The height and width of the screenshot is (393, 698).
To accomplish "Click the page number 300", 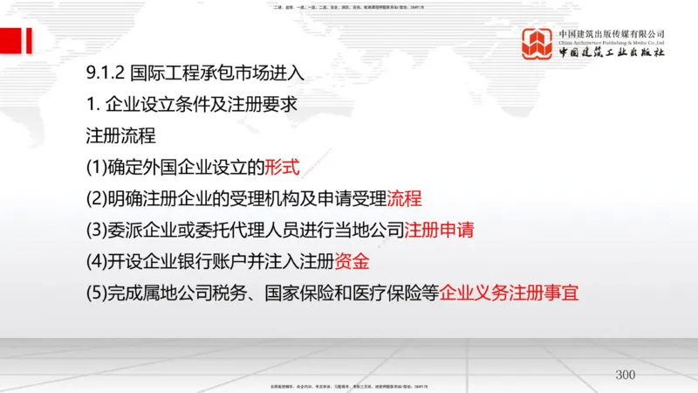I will click(626, 375).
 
